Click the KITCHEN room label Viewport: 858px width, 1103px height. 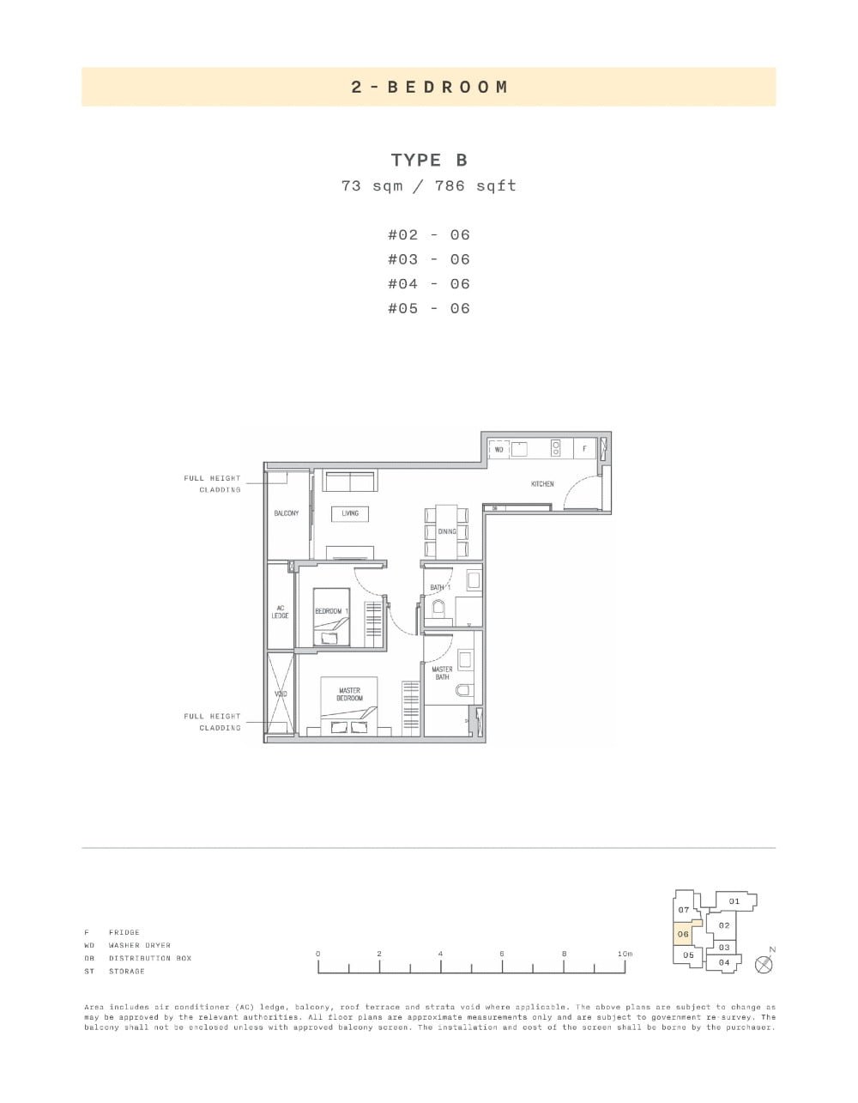pyautogui.click(x=542, y=484)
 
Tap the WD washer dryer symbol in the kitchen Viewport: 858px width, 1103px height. pyautogui.click(x=498, y=449)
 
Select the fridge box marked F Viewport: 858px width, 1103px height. pyautogui.click(x=584, y=449)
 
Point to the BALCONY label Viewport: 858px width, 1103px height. pyautogui.click(x=287, y=513)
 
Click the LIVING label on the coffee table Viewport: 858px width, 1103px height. pyautogui.click(x=350, y=513)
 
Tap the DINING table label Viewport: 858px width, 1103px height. pyautogui.click(x=447, y=531)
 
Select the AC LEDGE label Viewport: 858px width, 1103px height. pyautogui.click(x=281, y=612)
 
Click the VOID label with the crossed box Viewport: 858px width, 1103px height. pyautogui.click(x=281, y=694)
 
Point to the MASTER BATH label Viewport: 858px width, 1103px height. pyautogui.click(x=442, y=673)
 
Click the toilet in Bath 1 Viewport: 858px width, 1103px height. pyautogui.click(x=438, y=609)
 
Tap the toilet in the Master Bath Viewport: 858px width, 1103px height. pyautogui.click(x=464, y=689)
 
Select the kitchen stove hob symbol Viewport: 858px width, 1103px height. pyautogui.click(x=555, y=448)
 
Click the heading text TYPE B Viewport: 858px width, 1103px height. pyautogui.click(x=429, y=161)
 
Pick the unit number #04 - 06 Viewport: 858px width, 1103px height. pyautogui.click(x=429, y=284)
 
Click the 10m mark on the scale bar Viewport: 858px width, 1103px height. pyautogui.click(x=625, y=954)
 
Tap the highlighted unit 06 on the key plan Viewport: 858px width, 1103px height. pyautogui.click(x=683, y=934)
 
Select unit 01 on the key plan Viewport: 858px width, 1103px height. pyautogui.click(x=734, y=901)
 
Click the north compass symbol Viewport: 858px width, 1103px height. pyautogui.click(x=764, y=964)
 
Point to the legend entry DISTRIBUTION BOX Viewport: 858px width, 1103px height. pyautogui.click(x=150, y=958)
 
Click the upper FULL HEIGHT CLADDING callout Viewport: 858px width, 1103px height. pyautogui.click(x=213, y=484)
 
